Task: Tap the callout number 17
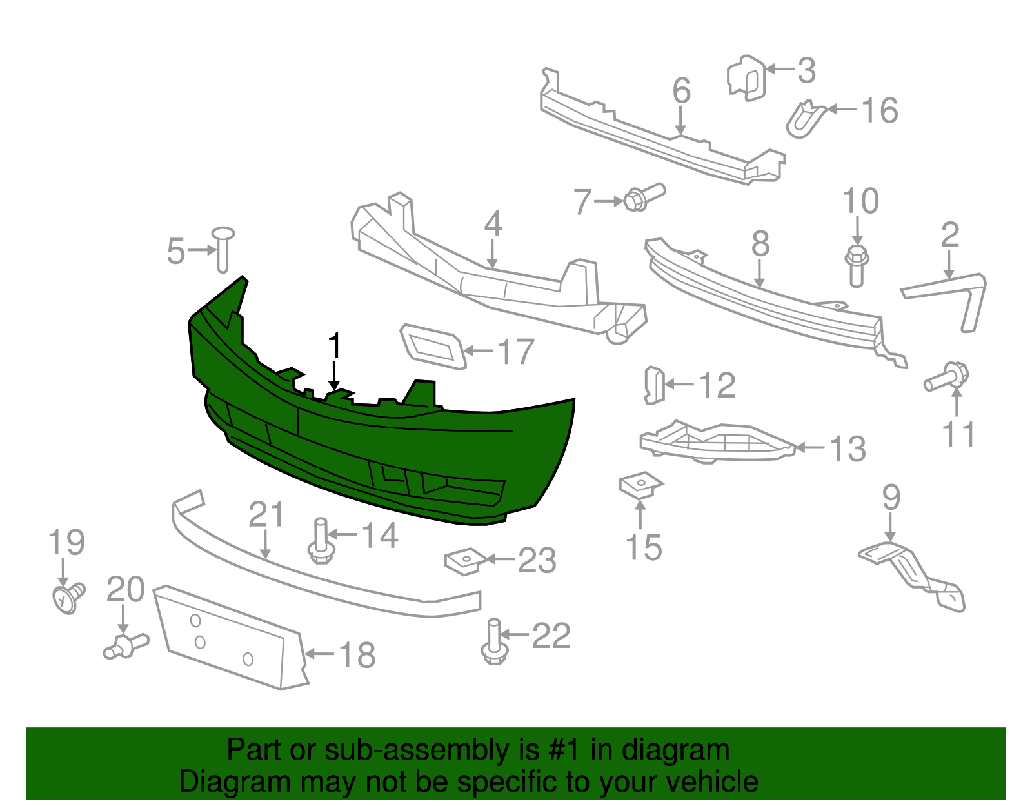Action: pyautogui.click(x=517, y=352)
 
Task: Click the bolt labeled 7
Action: pyautogui.click(x=644, y=197)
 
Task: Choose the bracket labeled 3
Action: pyautogui.click(x=747, y=78)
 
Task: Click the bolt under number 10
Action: pyautogui.click(x=857, y=265)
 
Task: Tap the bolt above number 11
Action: pyautogui.click(x=947, y=377)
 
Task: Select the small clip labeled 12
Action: pyautogui.click(x=654, y=385)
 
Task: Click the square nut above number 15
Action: pyautogui.click(x=640, y=485)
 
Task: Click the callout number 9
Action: pyautogui.click(x=891, y=497)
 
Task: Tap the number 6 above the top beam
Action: pyautogui.click(x=681, y=91)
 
